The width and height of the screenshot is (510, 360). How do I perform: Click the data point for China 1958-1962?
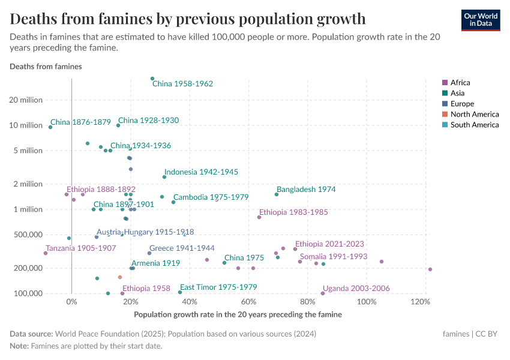[x=152, y=79]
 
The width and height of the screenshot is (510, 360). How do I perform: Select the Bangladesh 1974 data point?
[x=277, y=194]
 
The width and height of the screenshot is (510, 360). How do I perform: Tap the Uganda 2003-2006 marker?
[x=323, y=293]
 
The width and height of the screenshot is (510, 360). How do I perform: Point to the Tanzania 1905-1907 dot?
[x=46, y=253]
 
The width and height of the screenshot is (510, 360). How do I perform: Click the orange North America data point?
[x=120, y=277]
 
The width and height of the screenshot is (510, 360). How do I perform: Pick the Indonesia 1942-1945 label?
[x=201, y=172]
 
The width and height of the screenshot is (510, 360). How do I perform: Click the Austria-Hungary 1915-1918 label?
[x=145, y=232]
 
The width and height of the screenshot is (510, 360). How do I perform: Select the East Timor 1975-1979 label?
[x=218, y=287]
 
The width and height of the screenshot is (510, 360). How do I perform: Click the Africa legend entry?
[x=460, y=83]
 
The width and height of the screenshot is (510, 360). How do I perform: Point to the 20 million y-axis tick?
[x=26, y=100]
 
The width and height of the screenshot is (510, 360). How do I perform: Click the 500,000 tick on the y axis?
[x=27, y=235]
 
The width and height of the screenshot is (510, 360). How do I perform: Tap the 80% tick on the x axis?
[x=308, y=302]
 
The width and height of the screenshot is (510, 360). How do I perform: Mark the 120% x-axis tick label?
[x=425, y=302]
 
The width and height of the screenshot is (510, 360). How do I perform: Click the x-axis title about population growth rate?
[x=238, y=314]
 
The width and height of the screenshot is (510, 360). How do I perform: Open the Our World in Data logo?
[x=481, y=20]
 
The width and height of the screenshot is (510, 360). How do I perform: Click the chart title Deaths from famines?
[x=188, y=19]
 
